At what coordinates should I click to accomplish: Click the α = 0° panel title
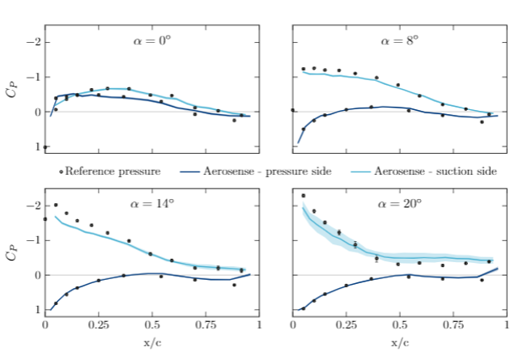coord(152,40)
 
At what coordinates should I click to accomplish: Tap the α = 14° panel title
coord(154,204)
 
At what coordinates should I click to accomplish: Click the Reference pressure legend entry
coord(112,171)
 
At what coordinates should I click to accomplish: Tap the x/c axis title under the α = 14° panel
coord(152,342)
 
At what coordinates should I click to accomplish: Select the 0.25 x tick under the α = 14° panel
coord(98,326)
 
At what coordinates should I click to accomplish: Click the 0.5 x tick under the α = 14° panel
coord(152,326)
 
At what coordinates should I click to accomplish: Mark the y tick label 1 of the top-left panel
coord(35,147)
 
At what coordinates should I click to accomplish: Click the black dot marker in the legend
coord(61,172)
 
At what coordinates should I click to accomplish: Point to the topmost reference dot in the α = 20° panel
coord(304,196)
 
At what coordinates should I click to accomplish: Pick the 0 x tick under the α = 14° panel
coord(45,326)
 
